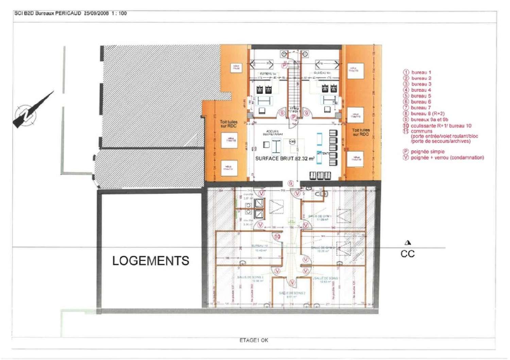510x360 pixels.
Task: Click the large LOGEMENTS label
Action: point(151,261)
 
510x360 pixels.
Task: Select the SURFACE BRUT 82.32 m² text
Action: point(285,158)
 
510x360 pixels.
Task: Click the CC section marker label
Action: point(407,254)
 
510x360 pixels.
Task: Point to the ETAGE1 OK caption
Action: point(254,340)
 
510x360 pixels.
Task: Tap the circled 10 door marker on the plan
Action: point(277,237)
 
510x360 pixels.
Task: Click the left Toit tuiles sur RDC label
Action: point(228,124)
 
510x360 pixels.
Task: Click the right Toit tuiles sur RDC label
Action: point(360,132)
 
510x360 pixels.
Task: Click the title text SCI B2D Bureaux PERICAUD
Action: point(48,13)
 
